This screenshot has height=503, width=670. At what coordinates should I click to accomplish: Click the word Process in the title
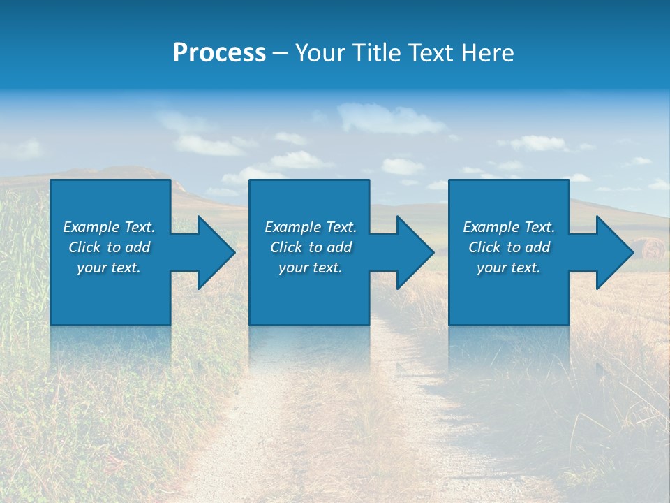pos(219,53)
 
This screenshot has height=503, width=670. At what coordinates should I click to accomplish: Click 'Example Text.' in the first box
pos(109,227)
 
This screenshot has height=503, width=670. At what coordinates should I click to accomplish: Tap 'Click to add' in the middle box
pos(311,247)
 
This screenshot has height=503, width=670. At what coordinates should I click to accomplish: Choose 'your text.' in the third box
pos(509,268)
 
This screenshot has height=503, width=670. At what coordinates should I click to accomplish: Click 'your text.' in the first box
pos(109,268)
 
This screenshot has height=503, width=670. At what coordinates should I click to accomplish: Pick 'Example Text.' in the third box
pos(509,227)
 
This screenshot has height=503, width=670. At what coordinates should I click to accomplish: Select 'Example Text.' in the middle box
pos(311,227)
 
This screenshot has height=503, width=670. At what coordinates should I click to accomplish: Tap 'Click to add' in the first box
pos(109,247)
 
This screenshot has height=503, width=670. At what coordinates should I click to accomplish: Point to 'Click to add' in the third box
pos(509,247)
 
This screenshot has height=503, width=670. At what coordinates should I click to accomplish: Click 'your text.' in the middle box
pos(311,268)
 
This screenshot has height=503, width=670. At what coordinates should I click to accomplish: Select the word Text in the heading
pos(429,53)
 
